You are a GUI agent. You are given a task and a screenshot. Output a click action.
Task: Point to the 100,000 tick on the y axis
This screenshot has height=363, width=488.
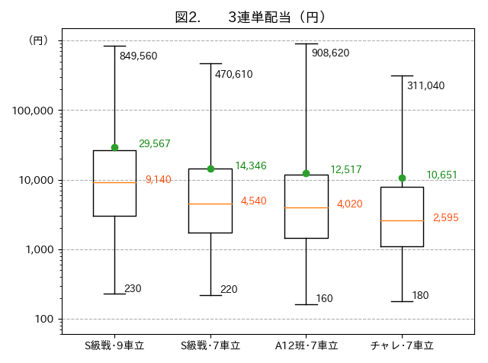[33, 111]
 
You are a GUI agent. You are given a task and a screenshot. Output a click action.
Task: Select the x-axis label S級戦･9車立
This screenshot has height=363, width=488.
[114, 345]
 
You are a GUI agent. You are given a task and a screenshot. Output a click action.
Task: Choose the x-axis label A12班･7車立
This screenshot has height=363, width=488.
[307, 345]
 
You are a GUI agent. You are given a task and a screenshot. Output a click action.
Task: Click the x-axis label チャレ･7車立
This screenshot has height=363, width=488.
[402, 345]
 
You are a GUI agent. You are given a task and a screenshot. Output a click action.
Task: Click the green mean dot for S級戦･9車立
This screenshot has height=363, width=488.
[114, 147]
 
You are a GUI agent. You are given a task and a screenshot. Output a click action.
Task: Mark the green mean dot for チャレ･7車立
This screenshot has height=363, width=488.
[402, 178]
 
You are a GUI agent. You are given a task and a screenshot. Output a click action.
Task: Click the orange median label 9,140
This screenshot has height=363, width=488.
[158, 180]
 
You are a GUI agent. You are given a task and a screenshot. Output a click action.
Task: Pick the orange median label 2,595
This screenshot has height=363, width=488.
[445, 217]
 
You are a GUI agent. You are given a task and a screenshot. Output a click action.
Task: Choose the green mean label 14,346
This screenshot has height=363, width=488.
[251, 165]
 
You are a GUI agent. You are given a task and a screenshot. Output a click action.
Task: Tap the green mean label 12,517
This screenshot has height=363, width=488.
[346, 169]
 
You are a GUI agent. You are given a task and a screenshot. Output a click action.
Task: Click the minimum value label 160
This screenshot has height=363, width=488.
[324, 298]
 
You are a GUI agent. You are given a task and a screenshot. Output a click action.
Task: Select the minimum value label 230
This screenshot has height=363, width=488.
[133, 288]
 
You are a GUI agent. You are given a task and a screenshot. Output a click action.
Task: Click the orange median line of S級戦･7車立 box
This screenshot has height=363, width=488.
[210, 204]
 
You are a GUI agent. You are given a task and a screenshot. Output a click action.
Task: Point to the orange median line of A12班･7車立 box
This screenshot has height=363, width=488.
[307, 207]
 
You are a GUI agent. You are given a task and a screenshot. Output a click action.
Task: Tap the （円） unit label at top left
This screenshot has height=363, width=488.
[37, 40]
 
